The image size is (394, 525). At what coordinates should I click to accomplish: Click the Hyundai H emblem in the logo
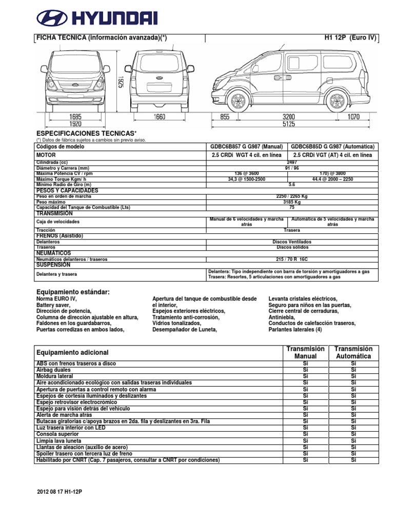point(52,19)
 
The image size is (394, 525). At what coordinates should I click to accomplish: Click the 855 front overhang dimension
point(225,117)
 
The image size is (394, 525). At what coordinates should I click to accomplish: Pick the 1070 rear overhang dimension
point(353,117)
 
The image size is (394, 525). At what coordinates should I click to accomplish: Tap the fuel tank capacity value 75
point(291,208)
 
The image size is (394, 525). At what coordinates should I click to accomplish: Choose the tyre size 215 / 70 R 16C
point(291,259)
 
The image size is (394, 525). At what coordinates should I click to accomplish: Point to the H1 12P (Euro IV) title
point(350,38)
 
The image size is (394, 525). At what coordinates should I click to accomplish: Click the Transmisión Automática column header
point(353,352)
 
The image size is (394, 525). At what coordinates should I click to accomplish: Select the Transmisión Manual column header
point(306,352)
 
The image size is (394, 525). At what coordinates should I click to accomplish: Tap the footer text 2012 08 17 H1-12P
point(60,492)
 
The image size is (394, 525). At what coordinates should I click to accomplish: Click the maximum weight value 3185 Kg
point(291,202)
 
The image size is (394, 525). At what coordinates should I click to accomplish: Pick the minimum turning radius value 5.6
point(291,185)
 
